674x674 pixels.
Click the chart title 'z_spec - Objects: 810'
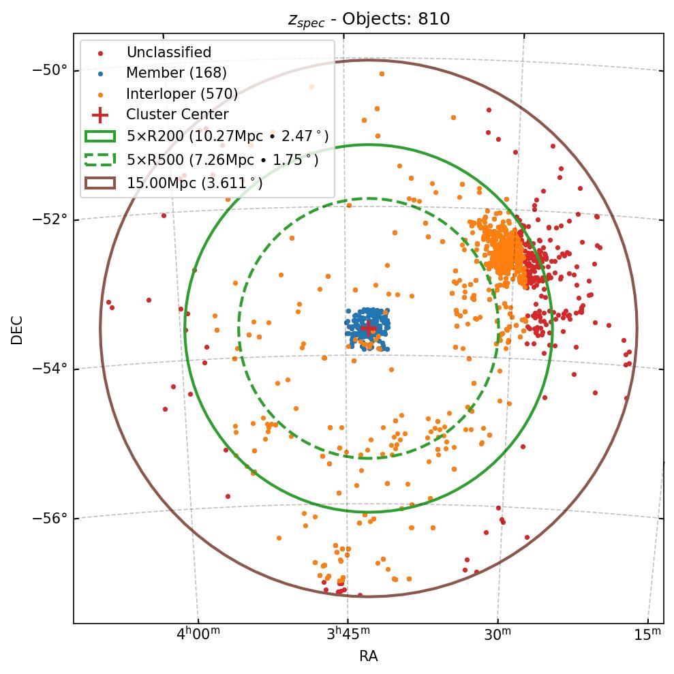pos(369,19)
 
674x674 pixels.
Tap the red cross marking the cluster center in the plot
pos(368,328)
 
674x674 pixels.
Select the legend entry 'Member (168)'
pos(176,73)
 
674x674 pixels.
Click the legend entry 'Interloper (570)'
pos(181,94)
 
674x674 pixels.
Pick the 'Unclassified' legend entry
pos(168,52)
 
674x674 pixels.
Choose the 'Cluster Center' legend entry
pos(177,114)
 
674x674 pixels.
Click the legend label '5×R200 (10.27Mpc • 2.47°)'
pos(222,136)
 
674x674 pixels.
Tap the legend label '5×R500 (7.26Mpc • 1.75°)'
pos(222,160)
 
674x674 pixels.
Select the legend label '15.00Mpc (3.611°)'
pos(194,183)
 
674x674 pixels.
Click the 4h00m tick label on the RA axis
pos(198,634)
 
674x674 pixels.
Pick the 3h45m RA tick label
pos(348,634)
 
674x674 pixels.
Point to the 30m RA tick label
pos(497,634)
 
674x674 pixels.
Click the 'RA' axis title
pos(368,656)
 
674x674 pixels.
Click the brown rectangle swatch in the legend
pos(100,183)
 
